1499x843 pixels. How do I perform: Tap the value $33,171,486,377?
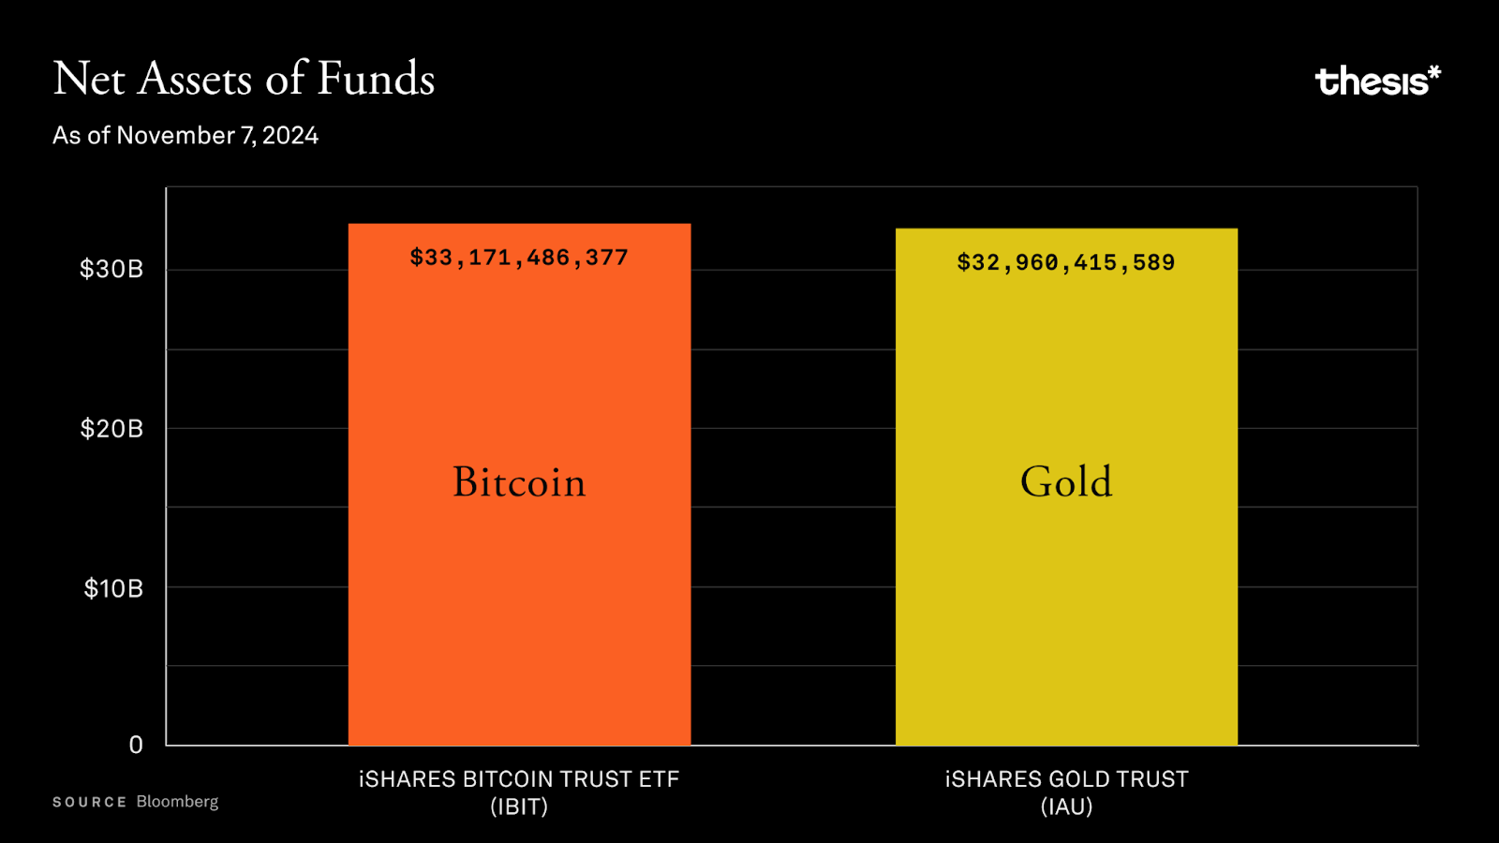click(519, 258)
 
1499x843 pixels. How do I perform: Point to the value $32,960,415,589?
click(1066, 262)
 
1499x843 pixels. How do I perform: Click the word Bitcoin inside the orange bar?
click(519, 482)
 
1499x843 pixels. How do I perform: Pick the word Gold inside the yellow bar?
click(1066, 482)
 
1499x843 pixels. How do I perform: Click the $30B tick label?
click(111, 270)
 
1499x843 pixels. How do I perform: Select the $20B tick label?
click(111, 429)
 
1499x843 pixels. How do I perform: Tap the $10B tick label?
click(113, 588)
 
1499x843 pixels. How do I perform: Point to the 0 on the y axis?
click(136, 745)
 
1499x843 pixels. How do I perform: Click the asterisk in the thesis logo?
click(1433, 72)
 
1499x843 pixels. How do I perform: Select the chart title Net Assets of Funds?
click(244, 79)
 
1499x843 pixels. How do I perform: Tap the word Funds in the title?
click(376, 79)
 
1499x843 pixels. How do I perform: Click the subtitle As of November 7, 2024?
click(186, 136)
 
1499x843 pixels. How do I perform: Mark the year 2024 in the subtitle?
click(290, 136)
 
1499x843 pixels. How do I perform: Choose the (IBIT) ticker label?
click(519, 806)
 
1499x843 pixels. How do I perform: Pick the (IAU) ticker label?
click(1066, 806)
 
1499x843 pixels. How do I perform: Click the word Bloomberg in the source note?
click(177, 802)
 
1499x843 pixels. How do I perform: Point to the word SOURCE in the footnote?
click(89, 803)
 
